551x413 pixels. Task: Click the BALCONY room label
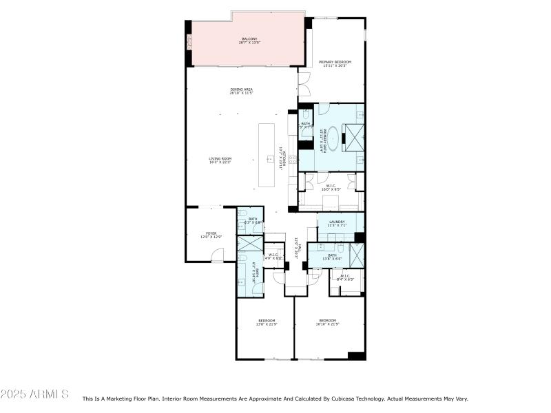pyautogui.click(x=249, y=41)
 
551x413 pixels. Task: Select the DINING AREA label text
pyautogui.click(x=241, y=91)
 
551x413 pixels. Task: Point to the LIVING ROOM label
pyautogui.click(x=220, y=160)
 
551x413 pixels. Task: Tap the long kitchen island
pyautogui.click(x=267, y=155)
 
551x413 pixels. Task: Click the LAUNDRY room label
pyautogui.click(x=336, y=223)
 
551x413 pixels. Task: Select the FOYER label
pyautogui.click(x=211, y=235)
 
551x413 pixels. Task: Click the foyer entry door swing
pyautogui.click(x=218, y=256)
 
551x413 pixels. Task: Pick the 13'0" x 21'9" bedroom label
pyautogui.click(x=267, y=322)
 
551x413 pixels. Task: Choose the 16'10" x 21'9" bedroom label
pyautogui.click(x=327, y=322)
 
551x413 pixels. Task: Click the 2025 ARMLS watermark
pyautogui.click(x=34, y=394)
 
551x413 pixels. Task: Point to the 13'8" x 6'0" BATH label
pyautogui.click(x=332, y=257)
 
